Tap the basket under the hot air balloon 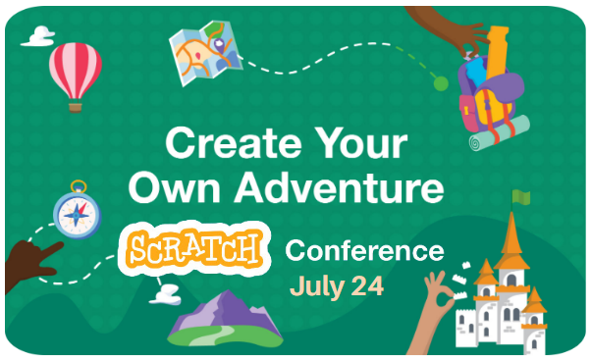[x=75, y=104]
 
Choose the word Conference [x=363, y=251]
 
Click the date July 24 [x=336, y=287]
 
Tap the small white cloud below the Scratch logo [x=167, y=291]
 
